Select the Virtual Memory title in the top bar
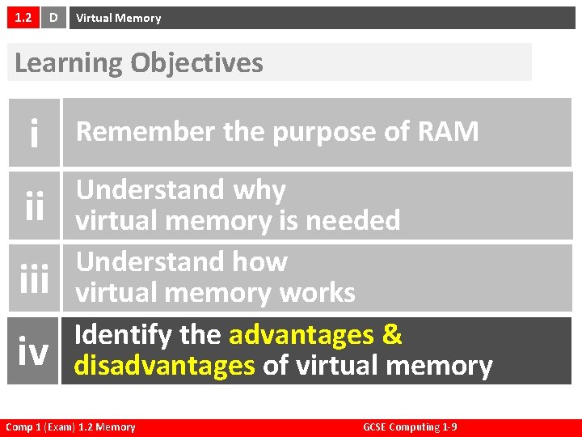[x=118, y=18]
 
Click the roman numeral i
[x=34, y=133]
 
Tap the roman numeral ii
[x=34, y=206]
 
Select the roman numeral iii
[x=34, y=278]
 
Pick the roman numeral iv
[x=34, y=350]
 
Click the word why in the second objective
[x=259, y=191]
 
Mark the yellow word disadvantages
[x=164, y=366]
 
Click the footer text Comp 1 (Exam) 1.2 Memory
[x=70, y=427]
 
